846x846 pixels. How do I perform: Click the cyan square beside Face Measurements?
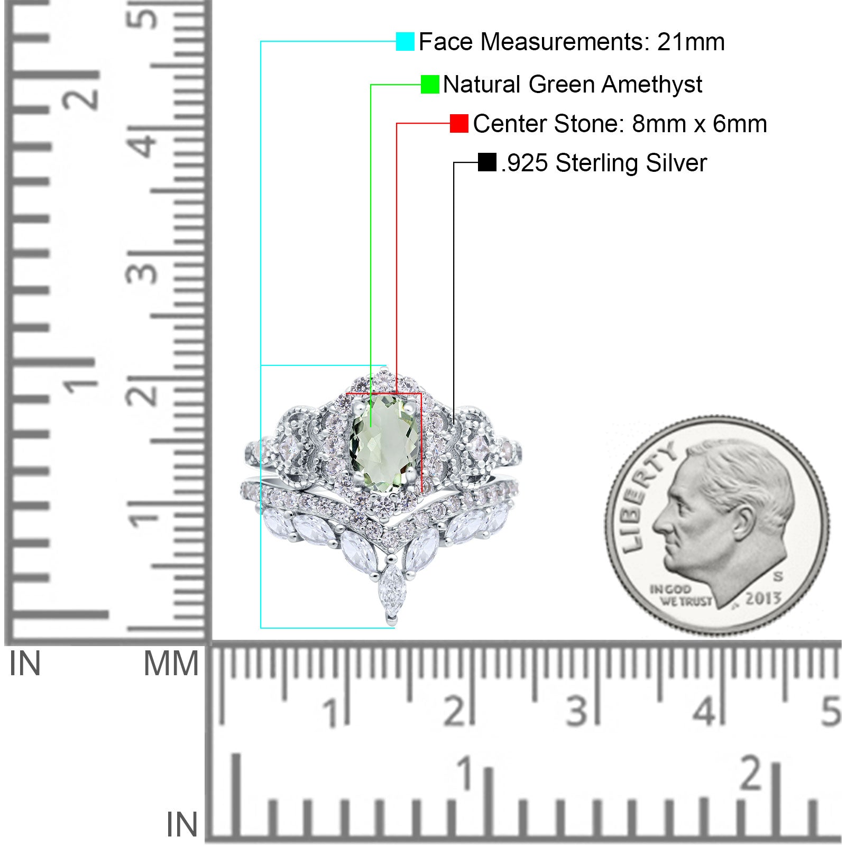point(405,41)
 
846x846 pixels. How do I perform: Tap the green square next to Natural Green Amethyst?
point(430,84)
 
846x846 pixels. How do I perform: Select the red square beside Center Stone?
point(459,123)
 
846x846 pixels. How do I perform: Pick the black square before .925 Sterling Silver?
point(486,162)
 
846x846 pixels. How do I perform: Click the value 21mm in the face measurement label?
point(691,42)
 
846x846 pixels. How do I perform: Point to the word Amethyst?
point(652,85)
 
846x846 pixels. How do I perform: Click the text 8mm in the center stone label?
point(650,124)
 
